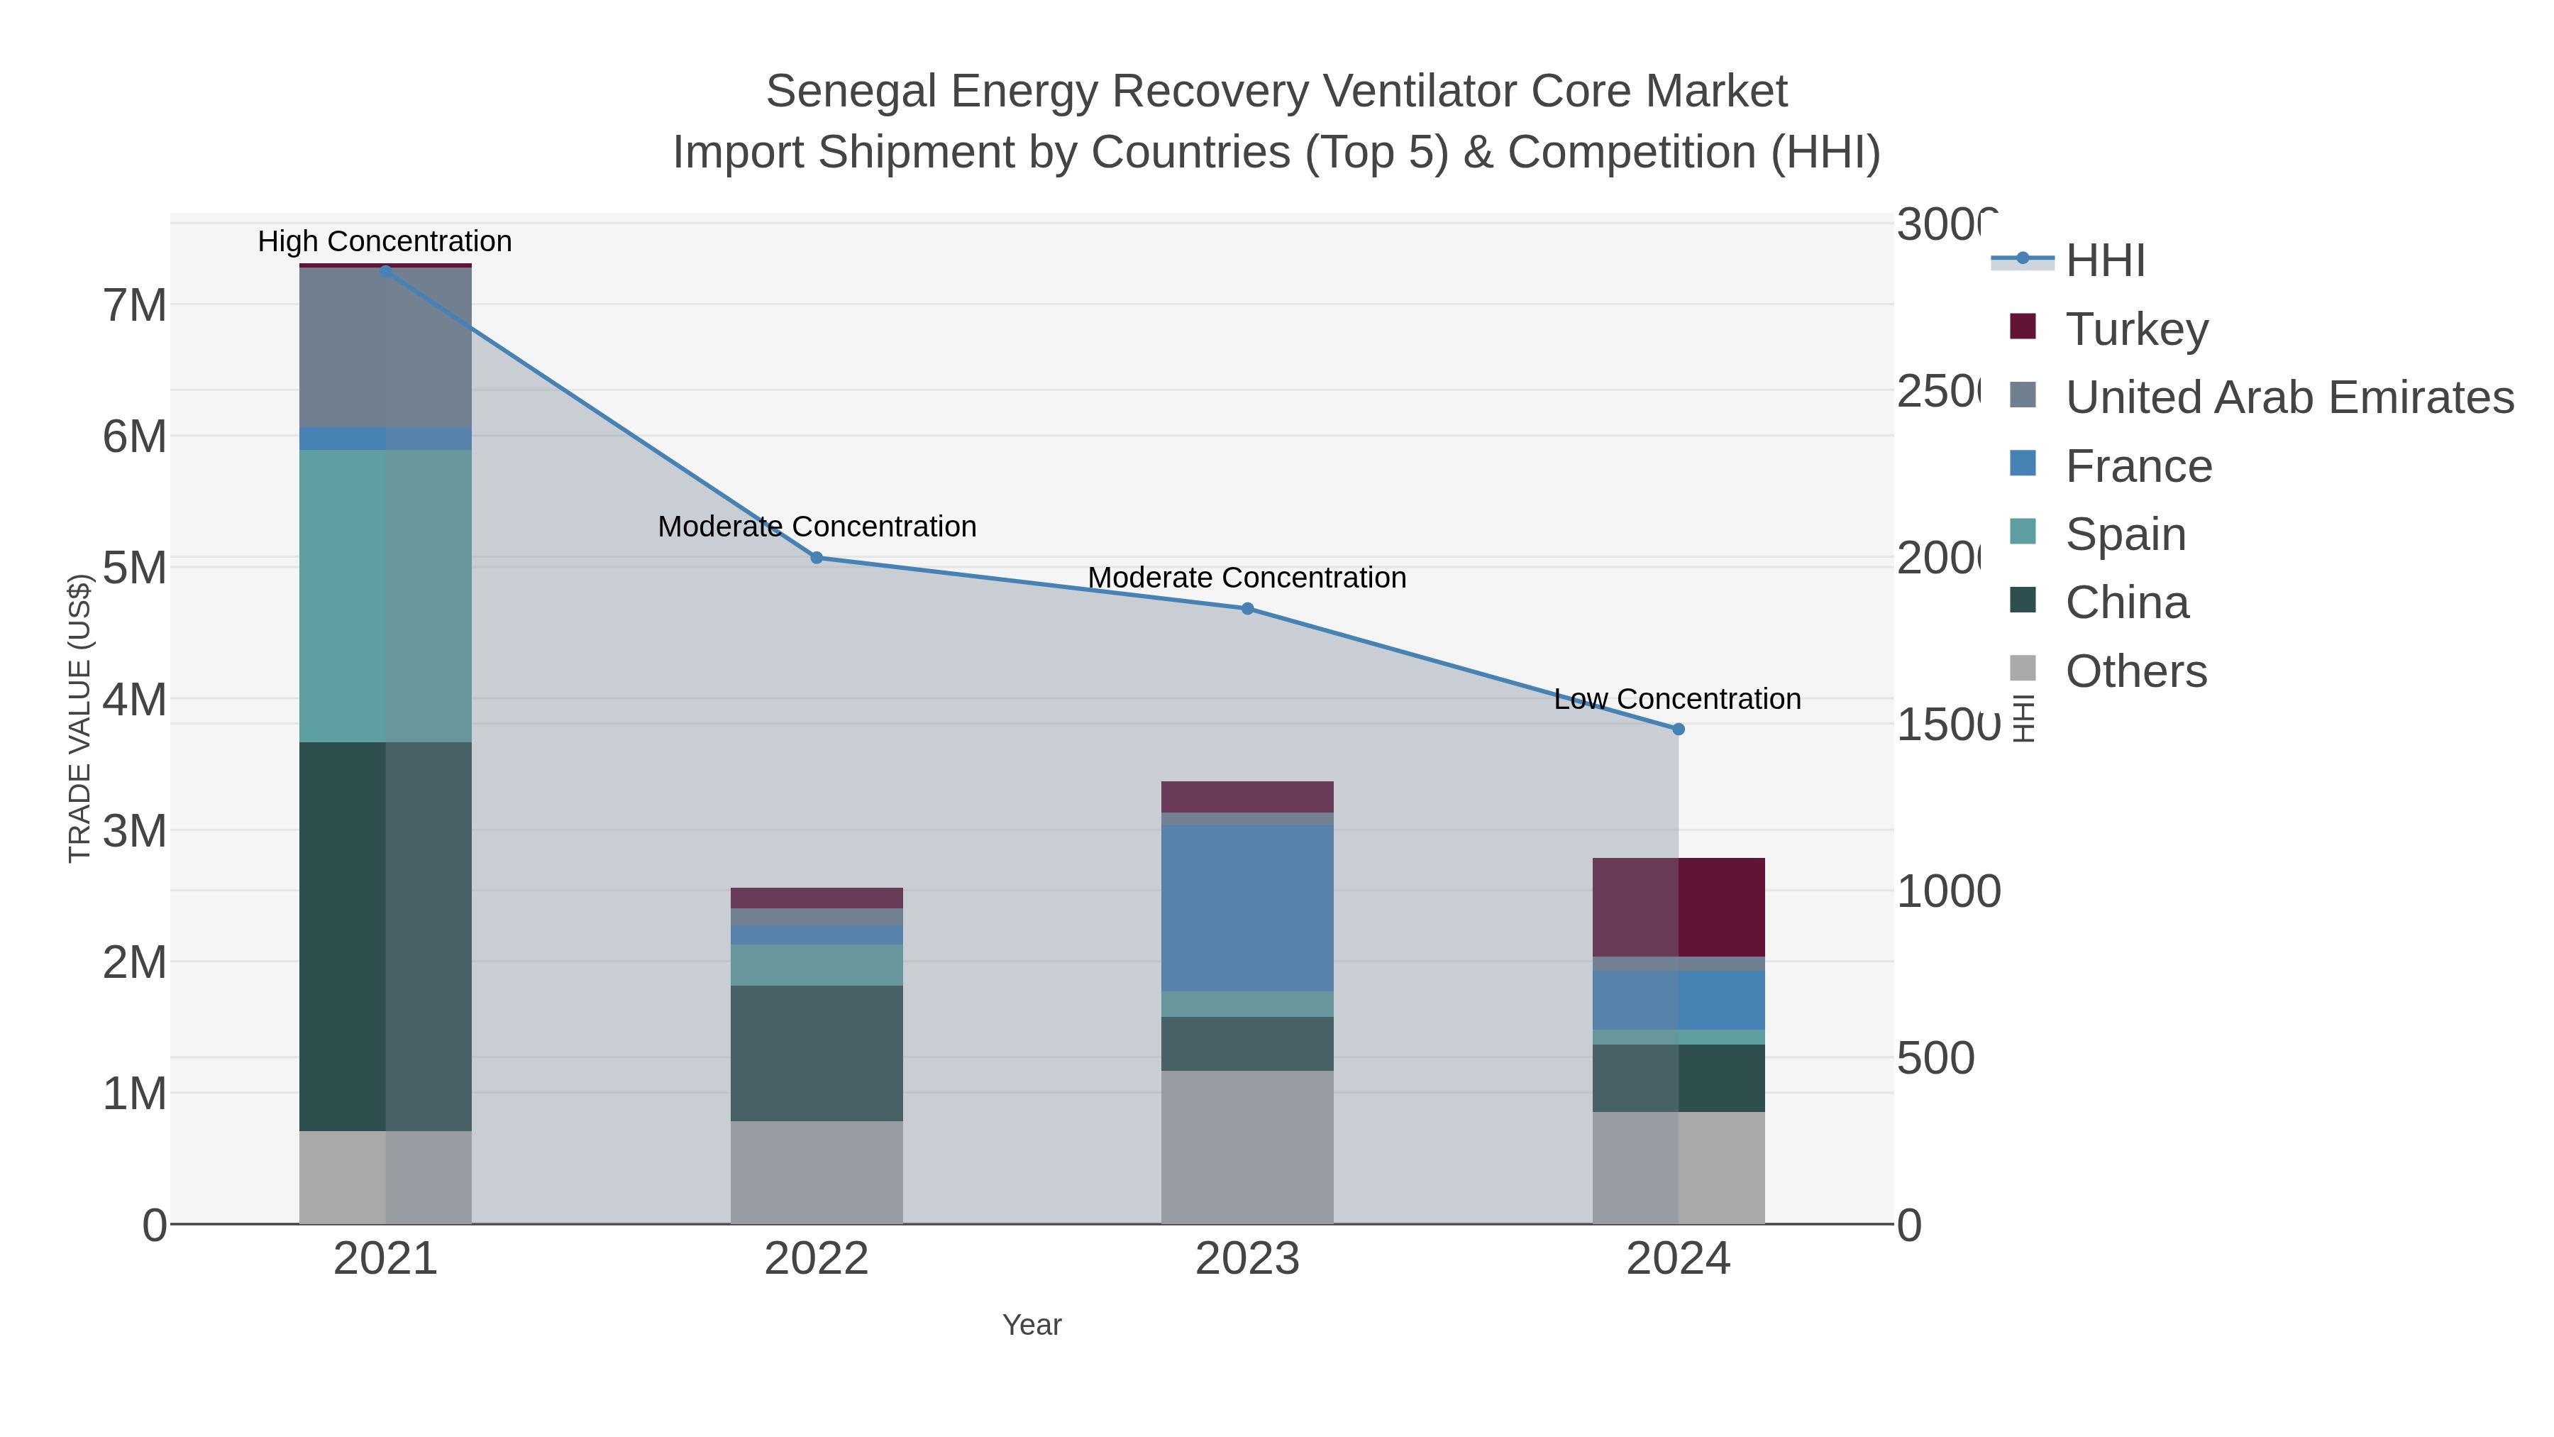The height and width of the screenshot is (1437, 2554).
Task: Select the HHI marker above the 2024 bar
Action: [1678, 729]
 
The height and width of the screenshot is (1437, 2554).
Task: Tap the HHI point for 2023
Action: [1247, 609]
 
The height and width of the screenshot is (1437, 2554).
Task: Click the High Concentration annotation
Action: [385, 241]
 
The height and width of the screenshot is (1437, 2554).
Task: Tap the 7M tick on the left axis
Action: [134, 305]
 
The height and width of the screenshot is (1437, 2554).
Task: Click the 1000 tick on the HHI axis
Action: [1947, 891]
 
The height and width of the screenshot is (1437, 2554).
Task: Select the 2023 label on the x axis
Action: [1247, 1260]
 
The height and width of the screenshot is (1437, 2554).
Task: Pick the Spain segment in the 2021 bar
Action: [385, 595]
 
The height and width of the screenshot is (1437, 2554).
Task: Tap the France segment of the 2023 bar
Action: [1247, 908]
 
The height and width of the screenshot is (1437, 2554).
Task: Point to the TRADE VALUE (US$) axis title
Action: [79, 718]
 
